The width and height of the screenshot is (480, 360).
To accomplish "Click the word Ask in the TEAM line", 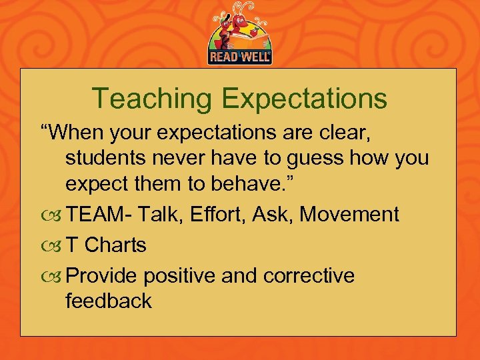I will click(275, 215).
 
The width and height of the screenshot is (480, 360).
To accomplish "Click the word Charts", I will click(115, 245).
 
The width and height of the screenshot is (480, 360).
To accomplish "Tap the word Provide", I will click(103, 276).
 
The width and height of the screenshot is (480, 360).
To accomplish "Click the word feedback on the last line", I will click(109, 301).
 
